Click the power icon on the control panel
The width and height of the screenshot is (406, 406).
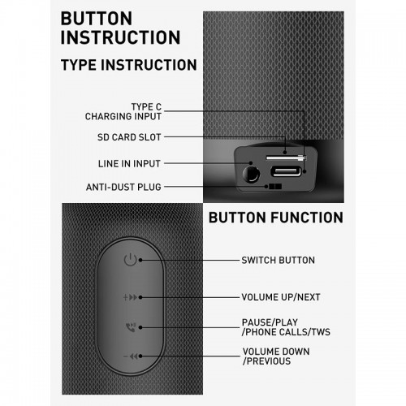[130, 260]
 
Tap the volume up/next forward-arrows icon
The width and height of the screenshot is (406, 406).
[130, 297]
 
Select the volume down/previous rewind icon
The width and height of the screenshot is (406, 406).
[131, 356]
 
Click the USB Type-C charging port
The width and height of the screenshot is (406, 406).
[286, 171]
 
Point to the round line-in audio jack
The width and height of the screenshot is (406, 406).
[251, 174]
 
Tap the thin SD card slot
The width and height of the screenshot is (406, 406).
[286, 158]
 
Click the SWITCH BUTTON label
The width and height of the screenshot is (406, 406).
[278, 260]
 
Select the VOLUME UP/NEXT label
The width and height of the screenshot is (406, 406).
[281, 297]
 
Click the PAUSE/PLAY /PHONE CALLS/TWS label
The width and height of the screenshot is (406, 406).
[286, 327]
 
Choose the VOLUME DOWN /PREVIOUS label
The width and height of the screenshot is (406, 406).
[276, 356]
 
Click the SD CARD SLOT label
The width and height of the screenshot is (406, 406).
[129, 137]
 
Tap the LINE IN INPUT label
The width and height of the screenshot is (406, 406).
[129, 164]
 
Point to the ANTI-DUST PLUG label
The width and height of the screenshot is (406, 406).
[123, 187]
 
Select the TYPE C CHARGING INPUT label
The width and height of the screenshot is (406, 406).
[123, 111]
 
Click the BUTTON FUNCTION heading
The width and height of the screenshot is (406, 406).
[276, 218]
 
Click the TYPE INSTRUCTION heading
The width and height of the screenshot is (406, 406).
[129, 65]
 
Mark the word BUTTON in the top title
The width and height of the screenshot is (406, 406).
[97, 19]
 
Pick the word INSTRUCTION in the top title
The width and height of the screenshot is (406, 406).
[120, 37]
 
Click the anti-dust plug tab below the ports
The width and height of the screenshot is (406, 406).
[274, 187]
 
